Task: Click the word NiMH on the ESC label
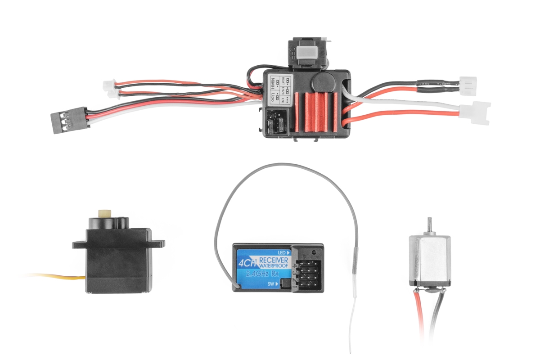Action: tap(274, 85)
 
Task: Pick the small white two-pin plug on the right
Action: tap(468, 84)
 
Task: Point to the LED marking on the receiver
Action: tap(283, 252)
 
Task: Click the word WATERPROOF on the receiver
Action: tap(275, 266)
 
